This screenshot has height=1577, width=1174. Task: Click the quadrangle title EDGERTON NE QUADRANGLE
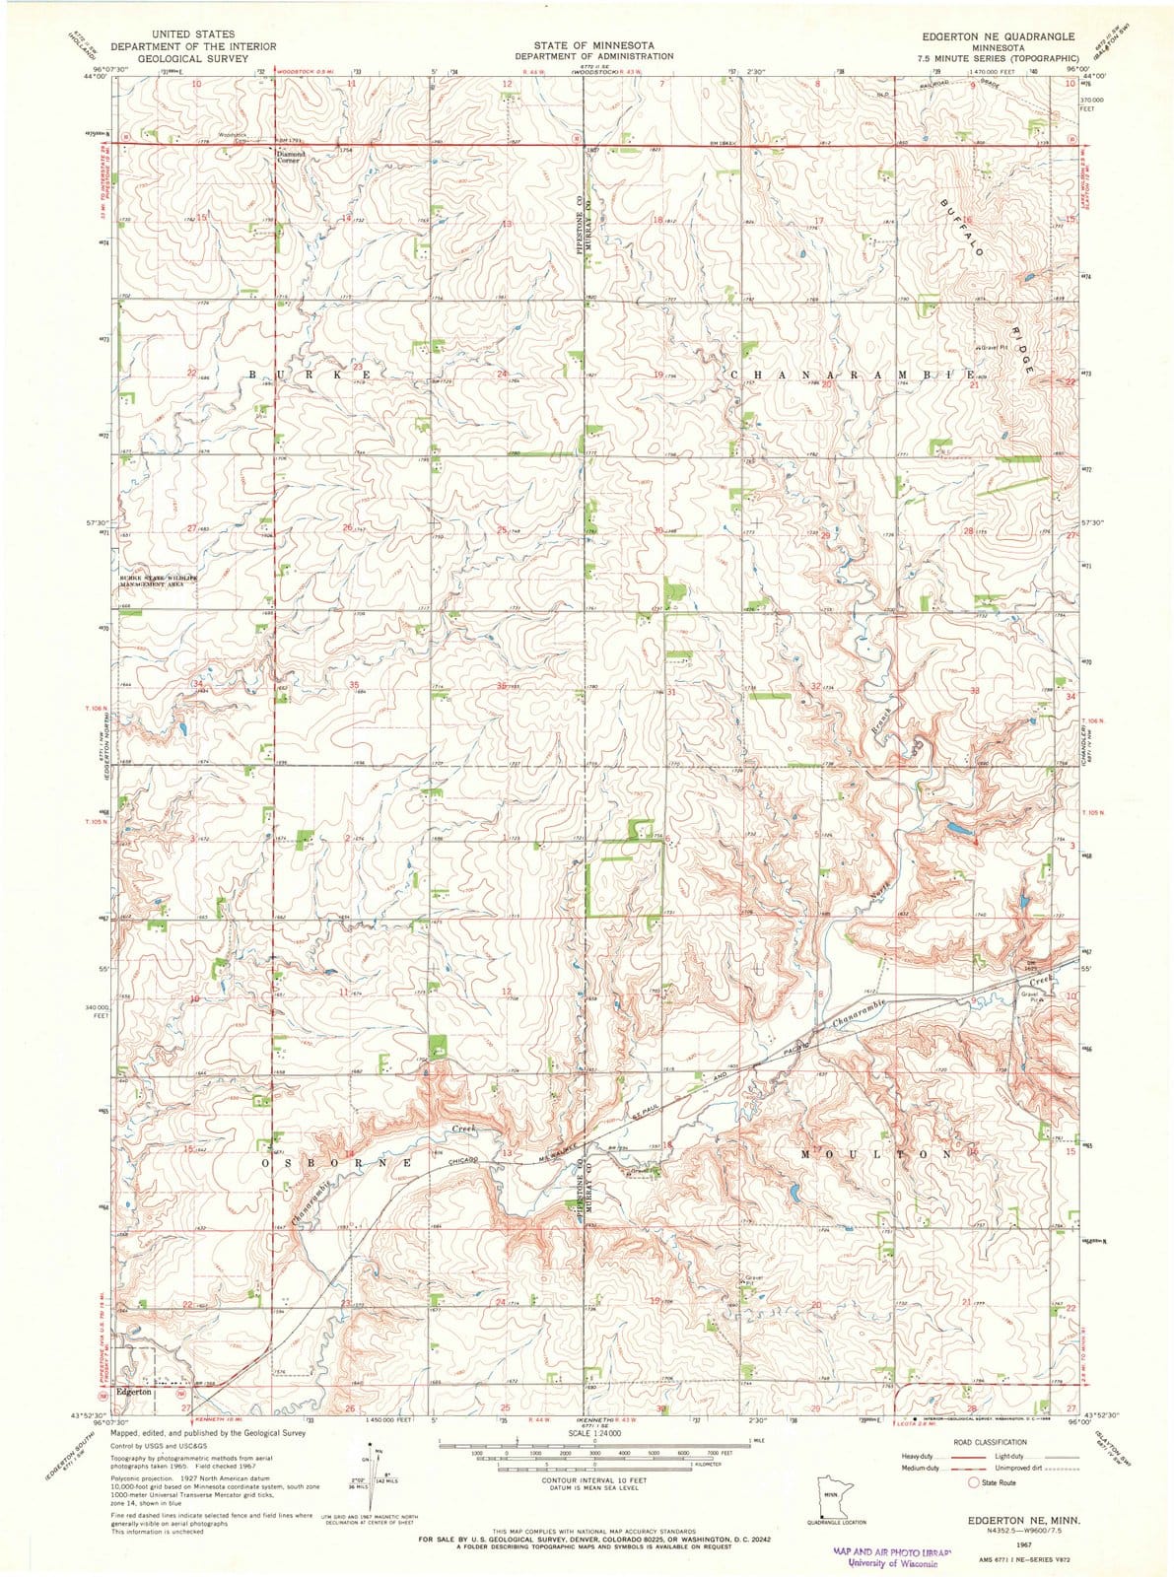[x=996, y=34]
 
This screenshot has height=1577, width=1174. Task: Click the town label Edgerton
[x=133, y=1393]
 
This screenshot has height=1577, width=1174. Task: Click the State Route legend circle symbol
[x=975, y=1482]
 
